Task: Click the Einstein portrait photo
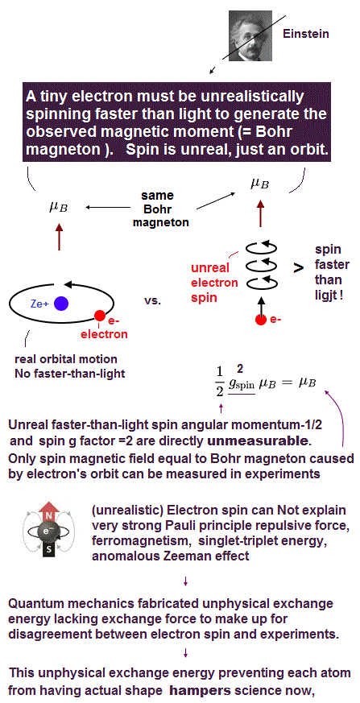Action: (250, 35)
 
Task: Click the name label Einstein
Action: (306, 34)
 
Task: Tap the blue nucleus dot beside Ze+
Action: (60, 304)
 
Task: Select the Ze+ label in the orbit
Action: (40, 304)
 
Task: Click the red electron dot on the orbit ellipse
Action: (100, 316)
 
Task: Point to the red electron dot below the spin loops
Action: (260, 320)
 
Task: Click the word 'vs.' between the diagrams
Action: (153, 301)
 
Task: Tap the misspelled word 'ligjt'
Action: (327, 296)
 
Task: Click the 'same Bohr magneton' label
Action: (157, 209)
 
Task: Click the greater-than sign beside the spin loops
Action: (298, 267)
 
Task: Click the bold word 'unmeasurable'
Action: (258, 441)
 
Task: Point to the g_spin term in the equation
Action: (242, 386)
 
